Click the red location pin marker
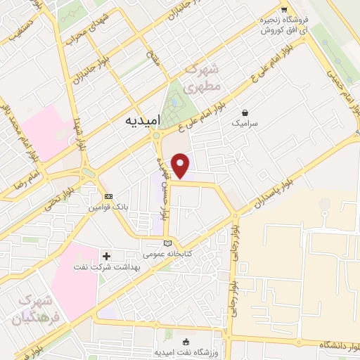[x=181, y=165]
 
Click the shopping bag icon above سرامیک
[x=244, y=112]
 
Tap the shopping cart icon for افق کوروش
[x=283, y=10]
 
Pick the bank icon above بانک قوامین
[x=108, y=196]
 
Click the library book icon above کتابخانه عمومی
[x=166, y=242]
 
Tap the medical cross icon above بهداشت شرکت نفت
[x=107, y=256]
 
